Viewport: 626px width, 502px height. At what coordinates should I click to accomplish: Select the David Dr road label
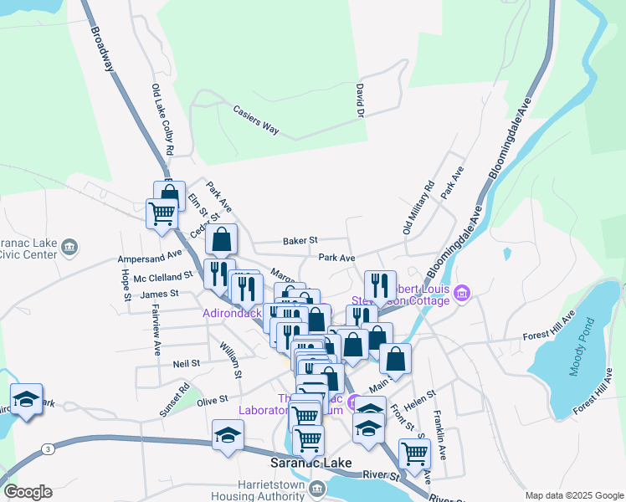pos(360,100)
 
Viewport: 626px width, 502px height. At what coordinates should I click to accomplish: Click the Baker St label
pos(300,240)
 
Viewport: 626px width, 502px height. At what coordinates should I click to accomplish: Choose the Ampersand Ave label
pos(150,254)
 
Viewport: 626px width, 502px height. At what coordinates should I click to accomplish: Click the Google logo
pos(28,492)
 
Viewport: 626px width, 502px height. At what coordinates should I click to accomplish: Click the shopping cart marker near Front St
pos(414,453)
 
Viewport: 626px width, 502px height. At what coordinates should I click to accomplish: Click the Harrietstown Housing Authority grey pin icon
pos(317,489)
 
